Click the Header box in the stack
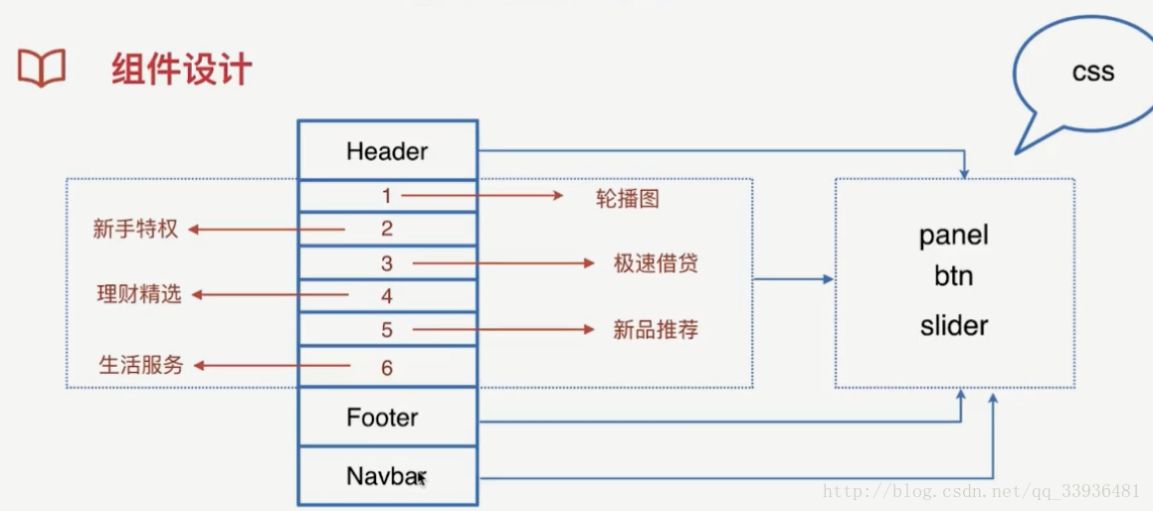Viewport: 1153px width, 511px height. point(387,151)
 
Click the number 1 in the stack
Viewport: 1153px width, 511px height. point(387,196)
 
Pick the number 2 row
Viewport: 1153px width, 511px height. point(387,229)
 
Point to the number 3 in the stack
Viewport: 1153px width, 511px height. point(387,263)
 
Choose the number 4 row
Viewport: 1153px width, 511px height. point(387,296)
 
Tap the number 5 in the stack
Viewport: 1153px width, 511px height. point(387,329)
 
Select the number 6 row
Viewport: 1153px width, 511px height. point(387,367)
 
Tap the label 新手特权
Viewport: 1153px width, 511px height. point(135,229)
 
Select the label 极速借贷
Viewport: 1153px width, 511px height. point(656,263)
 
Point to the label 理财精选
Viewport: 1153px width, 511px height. point(139,294)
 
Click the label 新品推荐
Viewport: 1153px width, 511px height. point(656,330)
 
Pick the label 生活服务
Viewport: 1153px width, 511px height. point(141,365)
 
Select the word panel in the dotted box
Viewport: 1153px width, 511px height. point(954,236)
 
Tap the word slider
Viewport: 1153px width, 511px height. point(954,325)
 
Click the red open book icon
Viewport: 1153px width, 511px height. point(42,69)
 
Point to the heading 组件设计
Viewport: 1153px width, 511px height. point(181,70)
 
